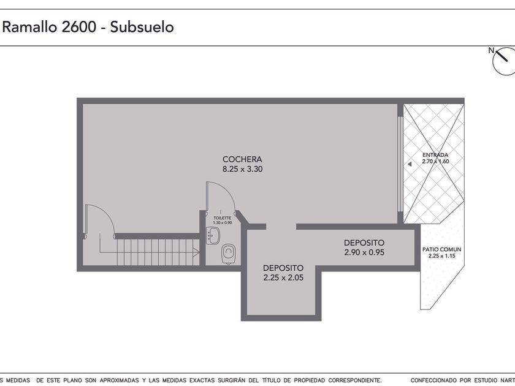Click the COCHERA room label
tap(242, 159)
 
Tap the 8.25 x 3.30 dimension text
tap(242, 169)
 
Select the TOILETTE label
tap(223, 218)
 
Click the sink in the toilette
tap(213, 236)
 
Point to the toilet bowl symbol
tap(228, 254)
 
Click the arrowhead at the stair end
tap(196, 252)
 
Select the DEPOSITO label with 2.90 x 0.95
tap(364, 243)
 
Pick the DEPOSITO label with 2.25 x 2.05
tap(283, 268)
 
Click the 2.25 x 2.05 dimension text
tap(283, 278)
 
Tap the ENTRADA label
tap(435, 155)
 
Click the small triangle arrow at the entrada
tap(410, 164)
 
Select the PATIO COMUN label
tap(442, 249)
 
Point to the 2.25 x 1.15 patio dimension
tap(442, 256)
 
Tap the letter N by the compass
tap(491, 50)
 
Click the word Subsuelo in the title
tap(142, 27)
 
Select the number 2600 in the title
tap(78, 27)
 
